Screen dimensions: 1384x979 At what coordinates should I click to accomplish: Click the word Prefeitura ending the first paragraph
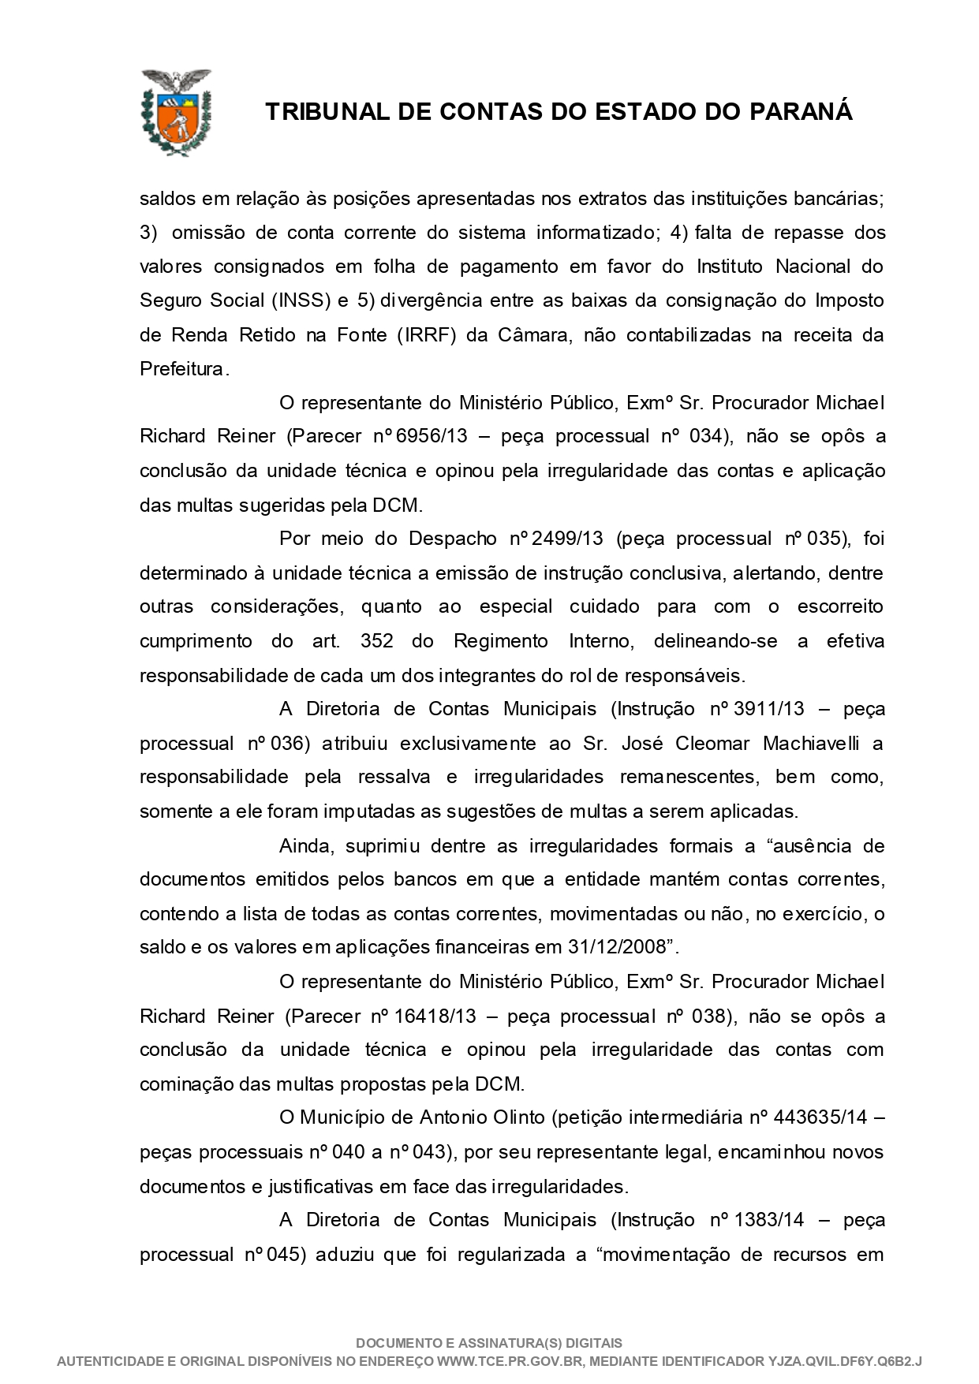(x=182, y=368)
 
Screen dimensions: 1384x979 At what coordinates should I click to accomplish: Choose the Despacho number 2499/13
(x=567, y=539)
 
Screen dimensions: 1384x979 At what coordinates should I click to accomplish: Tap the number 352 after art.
(x=376, y=641)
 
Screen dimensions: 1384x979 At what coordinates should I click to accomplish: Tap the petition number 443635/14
(x=820, y=1117)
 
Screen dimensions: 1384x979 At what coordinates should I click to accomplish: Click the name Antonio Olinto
(x=482, y=1117)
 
